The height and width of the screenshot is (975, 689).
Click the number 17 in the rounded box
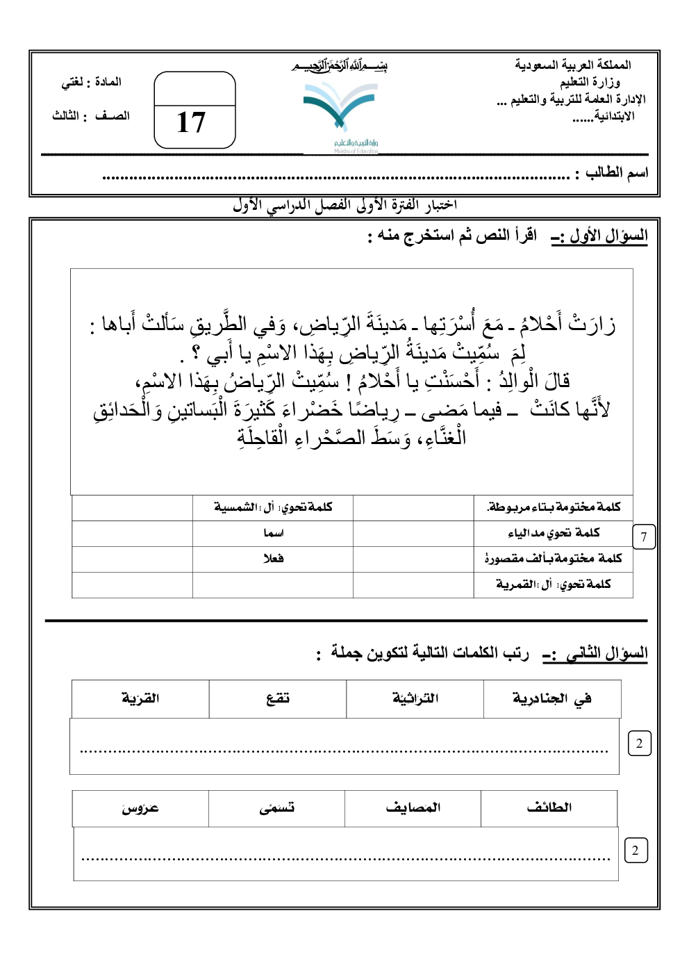click(x=191, y=123)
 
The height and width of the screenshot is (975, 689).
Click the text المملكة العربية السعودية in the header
click(x=572, y=65)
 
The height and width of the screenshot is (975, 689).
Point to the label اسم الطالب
click(x=617, y=172)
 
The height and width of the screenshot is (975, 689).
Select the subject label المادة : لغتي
click(x=92, y=82)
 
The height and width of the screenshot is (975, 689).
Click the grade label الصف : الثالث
click(x=91, y=116)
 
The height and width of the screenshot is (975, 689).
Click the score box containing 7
click(x=644, y=536)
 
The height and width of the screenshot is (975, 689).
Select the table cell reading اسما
click(x=273, y=533)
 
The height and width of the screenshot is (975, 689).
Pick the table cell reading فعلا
click(x=273, y=559)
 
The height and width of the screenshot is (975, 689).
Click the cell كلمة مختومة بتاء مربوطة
click(x=554, y=507)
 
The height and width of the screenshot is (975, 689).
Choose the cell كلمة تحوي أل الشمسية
click(x=273, y=507)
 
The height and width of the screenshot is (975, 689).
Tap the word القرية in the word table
click(x=140, y=698)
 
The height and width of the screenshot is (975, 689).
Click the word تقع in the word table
click(x=278, y=698)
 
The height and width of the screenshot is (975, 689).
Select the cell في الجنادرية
click(x=552, y=698)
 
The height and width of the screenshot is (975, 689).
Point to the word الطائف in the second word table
click(x=549, y=808)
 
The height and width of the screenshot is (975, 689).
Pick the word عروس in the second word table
click(x=140, y=808)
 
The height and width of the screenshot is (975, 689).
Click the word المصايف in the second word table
click(x=413, y=808)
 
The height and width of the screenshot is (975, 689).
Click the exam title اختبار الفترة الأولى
click(x=344, y=205)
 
